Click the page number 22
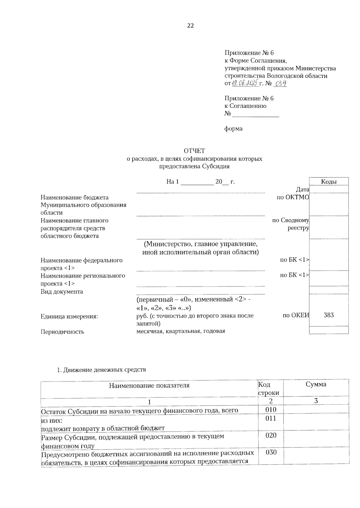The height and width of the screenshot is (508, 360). (x=190, y=26)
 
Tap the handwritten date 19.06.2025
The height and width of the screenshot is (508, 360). (x=245, y=83)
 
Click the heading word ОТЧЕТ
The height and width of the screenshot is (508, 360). (x=194, y=151)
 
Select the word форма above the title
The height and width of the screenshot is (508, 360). (x=233, y=129)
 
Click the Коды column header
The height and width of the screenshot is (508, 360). (x=328, y=182)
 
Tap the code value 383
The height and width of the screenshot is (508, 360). (x=329, y=315)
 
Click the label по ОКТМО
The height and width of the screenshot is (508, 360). (x=292, y=197)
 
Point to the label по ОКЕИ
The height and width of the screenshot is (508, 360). (x=295, y=315)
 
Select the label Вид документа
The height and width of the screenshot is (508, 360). (x=62, y=292)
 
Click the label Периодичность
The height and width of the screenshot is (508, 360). (x=62, y=332)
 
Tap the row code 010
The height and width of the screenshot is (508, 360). (x=271, y=410)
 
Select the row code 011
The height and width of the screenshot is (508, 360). (x=271, y=418)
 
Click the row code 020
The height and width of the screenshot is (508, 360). (x=271, y=435)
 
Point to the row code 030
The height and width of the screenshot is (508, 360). (x=271, y=452)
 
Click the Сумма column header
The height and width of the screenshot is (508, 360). (x=316, y=385)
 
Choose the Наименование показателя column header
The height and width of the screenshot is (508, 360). (x=149, y=385)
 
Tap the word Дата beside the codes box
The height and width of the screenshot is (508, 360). (x=302, y=190)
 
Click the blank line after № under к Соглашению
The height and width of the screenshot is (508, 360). (x=256, y=114)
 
